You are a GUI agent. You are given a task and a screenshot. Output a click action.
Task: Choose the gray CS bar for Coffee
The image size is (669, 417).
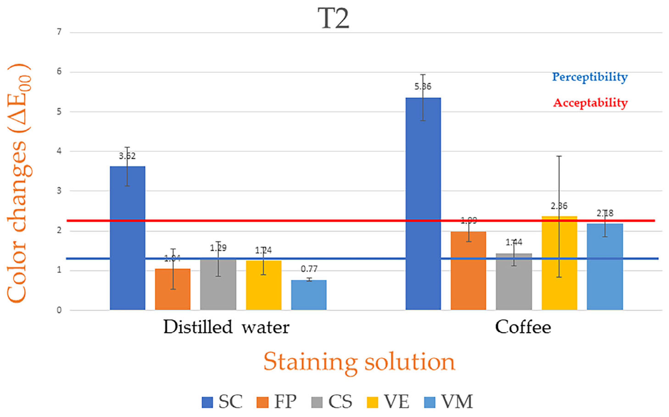point(514,281)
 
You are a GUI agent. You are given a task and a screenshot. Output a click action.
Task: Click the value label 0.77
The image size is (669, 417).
point(309,269)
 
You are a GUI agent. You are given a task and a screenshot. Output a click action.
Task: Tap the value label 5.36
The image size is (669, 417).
point(423,87)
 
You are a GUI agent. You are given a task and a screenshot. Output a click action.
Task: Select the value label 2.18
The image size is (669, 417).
point(605,213)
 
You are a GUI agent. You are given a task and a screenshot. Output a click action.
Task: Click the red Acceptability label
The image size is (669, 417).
point(590,103)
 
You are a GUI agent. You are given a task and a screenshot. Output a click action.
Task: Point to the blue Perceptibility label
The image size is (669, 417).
point(590,77)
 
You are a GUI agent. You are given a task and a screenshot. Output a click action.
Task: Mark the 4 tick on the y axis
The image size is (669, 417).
point(59,151)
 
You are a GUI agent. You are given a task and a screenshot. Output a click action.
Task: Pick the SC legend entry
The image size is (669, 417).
point(222,402)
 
